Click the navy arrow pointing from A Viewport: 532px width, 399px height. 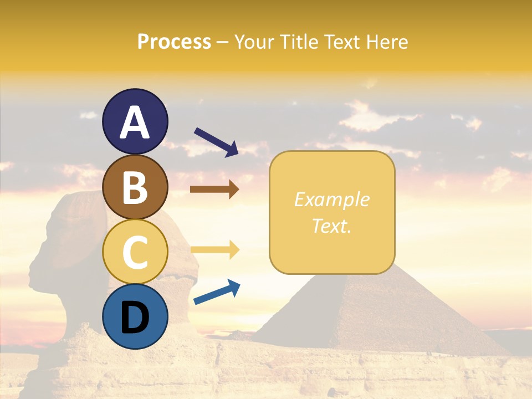point(216,141)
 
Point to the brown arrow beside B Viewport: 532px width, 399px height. point(214,190)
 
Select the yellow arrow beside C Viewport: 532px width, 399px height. point(214,249)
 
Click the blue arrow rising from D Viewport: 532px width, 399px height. point(217,292)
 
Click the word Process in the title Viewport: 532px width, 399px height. point(174,42)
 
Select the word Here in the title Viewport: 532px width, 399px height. point(387,42)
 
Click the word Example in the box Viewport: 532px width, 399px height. point(332,199)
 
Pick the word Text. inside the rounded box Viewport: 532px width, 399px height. point(332,226)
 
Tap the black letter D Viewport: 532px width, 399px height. point(135,318)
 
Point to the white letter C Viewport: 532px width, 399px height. point(135,253)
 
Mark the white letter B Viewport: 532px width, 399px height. point(135,188)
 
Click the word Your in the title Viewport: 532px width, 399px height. point(256,42)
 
